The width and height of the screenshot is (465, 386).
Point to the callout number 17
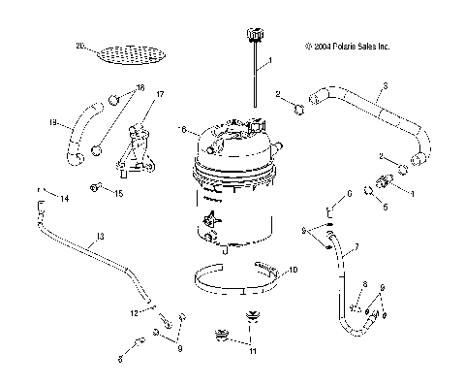click(x=160, y=94)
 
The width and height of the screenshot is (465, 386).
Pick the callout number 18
click(x=141, y=87)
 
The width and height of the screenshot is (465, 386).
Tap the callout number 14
click(x=66, y=199)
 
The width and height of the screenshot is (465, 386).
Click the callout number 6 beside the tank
click(x=182, y=129)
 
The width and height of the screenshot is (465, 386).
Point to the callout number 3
click(x=386, y=88)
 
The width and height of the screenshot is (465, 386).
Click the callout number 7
click(x=355, y=249)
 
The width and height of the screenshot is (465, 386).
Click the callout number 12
click(x=135, y=312)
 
